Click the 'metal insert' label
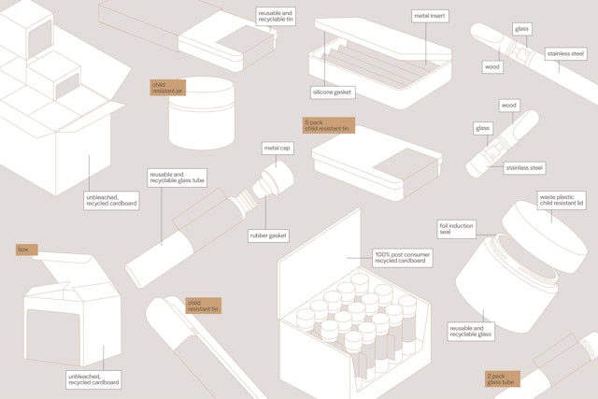[430, 16]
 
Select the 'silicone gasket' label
[333, 93]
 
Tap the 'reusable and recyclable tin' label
[276, 16]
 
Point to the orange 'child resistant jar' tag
[168, 88]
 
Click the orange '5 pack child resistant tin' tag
[329, 125]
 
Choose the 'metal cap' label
[278, 148]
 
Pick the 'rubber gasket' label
[268, 235]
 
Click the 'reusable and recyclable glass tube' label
[178, 178]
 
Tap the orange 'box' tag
[27, 249]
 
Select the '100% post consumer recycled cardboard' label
[403, 258]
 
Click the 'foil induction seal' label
[457, 229]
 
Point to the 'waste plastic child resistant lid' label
[562, 201]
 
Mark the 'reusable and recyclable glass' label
[471, 332]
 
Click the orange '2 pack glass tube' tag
[503, 379]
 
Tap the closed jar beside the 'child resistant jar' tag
[202, 113]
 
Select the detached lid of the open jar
[545, 236]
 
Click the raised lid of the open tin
[382, 37]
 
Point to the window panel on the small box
[53, 335]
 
